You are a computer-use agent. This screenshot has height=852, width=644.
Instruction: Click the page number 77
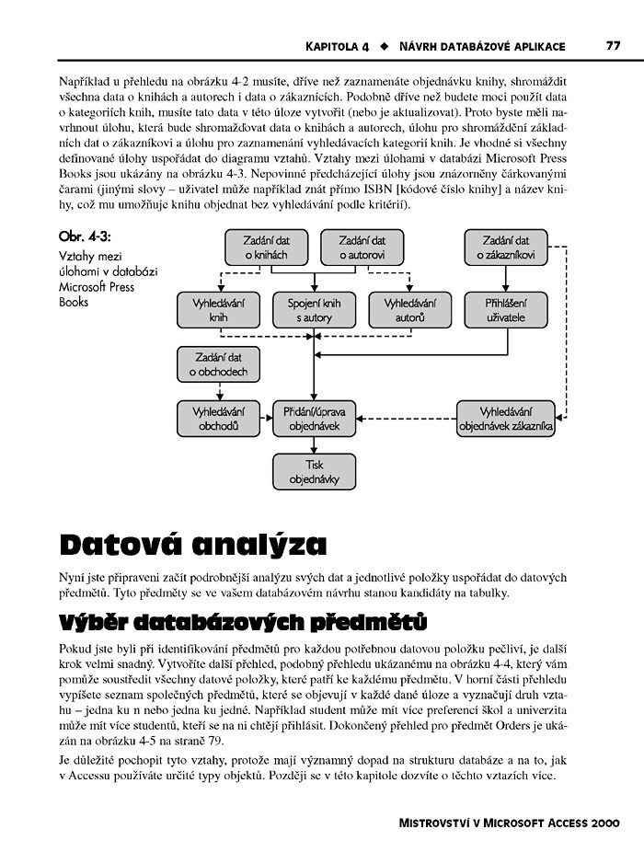click(613, 45)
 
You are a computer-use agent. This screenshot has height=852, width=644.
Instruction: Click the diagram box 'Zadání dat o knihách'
click(266, 248)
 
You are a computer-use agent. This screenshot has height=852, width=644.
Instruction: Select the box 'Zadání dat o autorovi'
click(362, 248)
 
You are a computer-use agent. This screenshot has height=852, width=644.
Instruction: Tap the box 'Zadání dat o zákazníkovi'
click(505, 248)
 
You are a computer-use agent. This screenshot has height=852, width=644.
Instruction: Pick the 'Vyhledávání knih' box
click(218, 309)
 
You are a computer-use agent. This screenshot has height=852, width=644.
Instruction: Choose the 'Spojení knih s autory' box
click(314, 309)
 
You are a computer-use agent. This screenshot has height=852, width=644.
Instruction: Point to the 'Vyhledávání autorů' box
click(409, 309)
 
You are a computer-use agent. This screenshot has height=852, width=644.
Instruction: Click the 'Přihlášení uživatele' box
click(506, 309)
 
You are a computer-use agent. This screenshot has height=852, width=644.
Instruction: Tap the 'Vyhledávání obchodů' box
click(218, 419)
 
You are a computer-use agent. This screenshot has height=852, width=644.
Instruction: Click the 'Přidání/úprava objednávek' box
click(314, 419)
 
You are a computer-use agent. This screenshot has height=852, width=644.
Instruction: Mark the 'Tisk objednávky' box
click(315, 471)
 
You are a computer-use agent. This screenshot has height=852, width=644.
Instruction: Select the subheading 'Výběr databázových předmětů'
click(242, 621)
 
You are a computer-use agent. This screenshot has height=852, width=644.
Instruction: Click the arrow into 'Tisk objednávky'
click(315, 447)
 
